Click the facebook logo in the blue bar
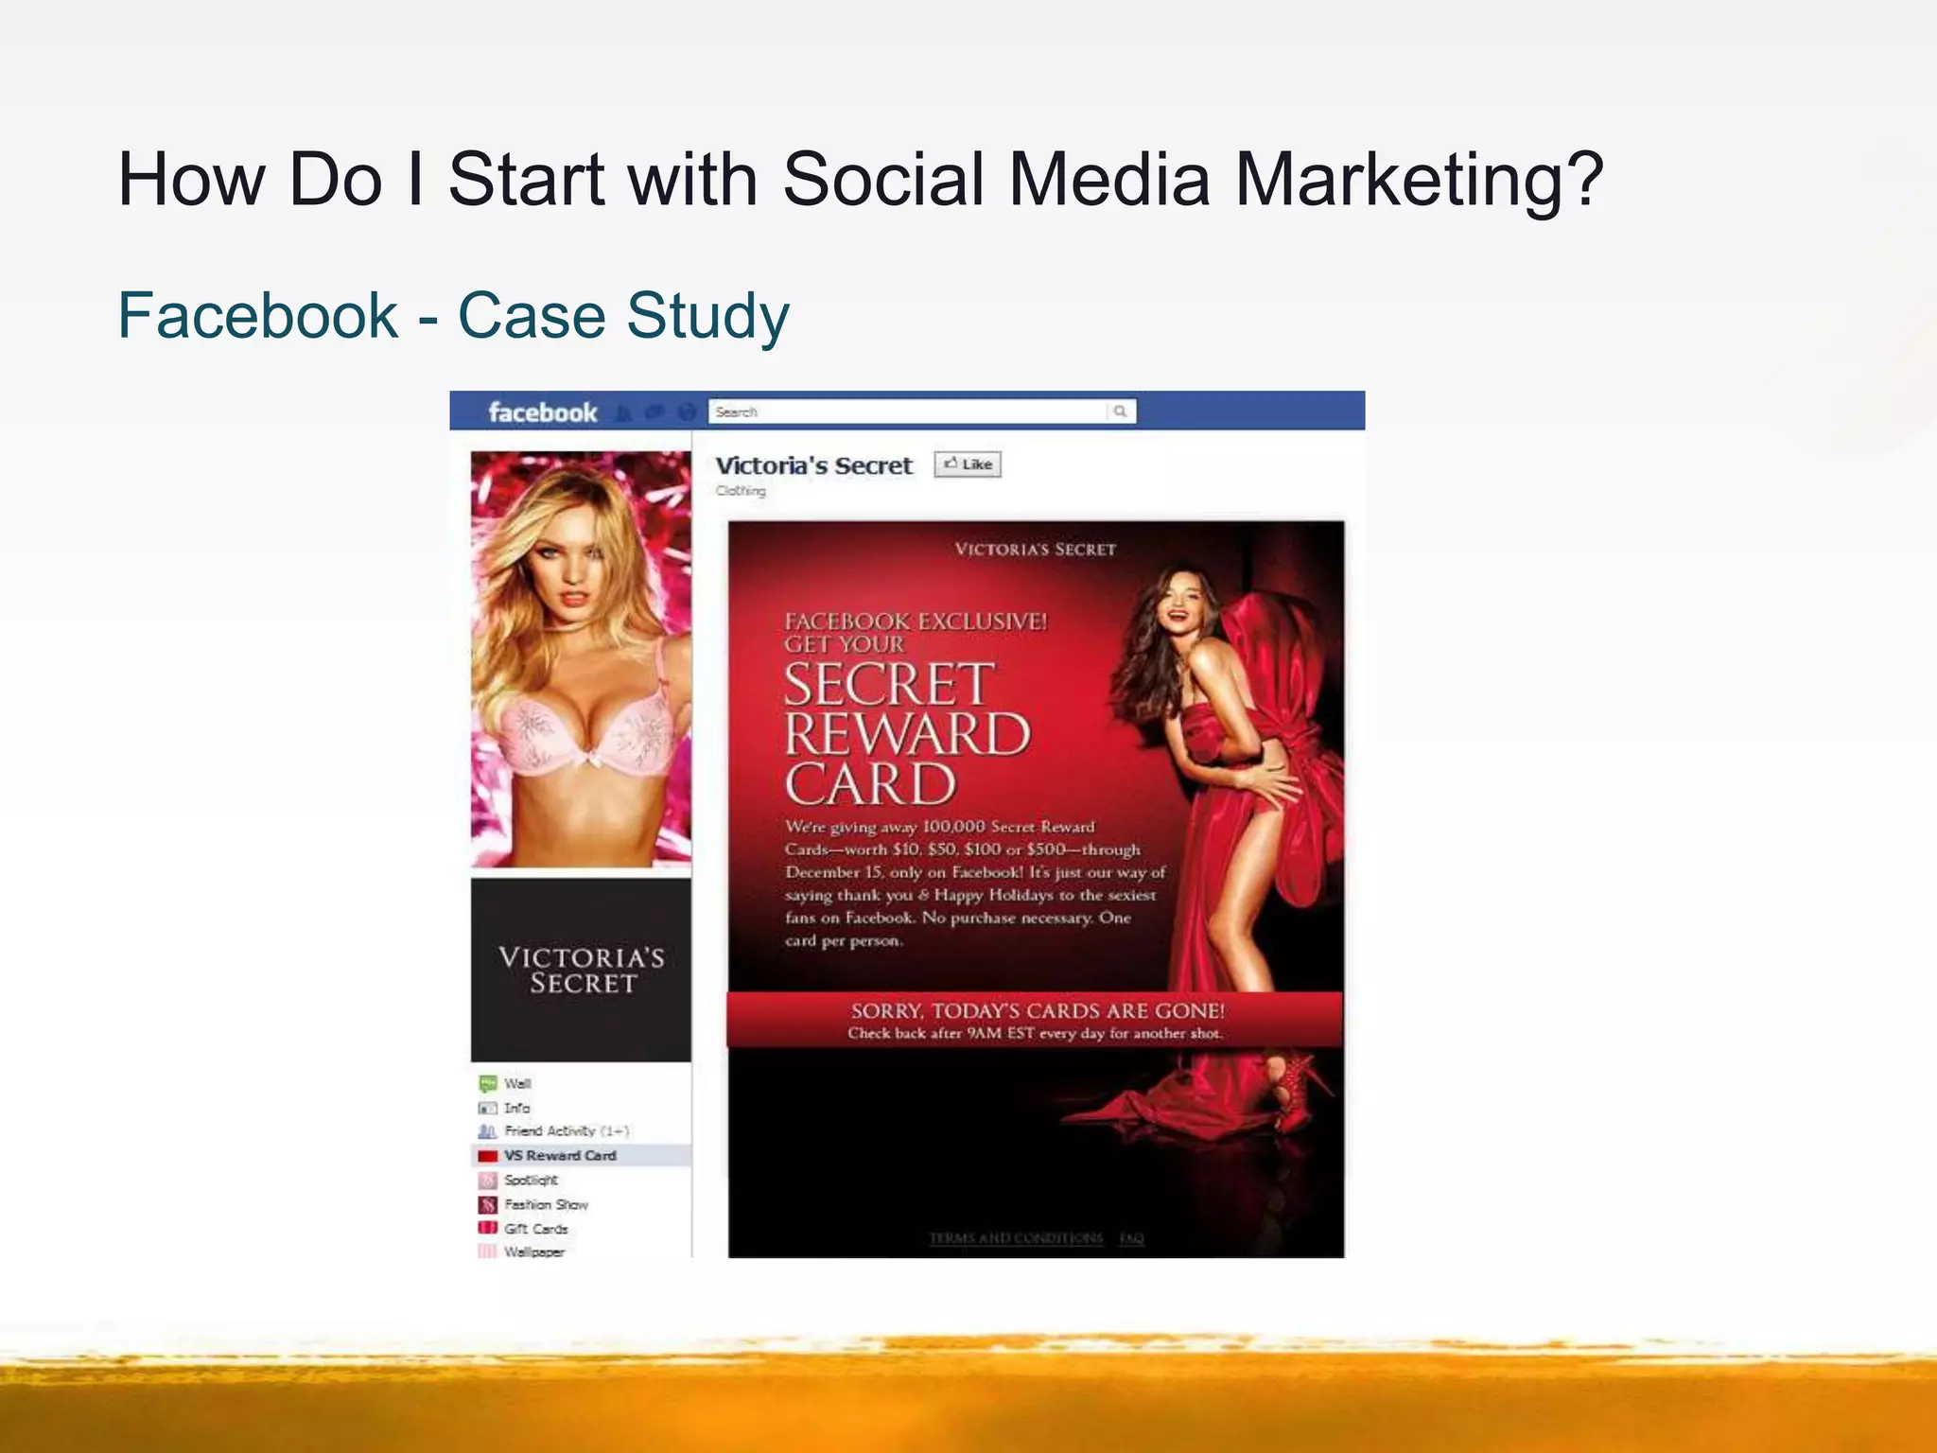(542, 412)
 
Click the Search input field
(908, 411)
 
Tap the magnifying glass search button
(1121, 411)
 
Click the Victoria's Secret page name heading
(813, 465)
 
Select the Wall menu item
(516, 1083)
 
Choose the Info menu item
(516, 1108)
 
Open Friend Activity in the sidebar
(565, 1131)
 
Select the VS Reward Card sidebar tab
(559, 1155)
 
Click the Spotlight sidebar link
(531, 1180)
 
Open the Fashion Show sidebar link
(546, 1204)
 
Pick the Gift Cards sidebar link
(535, 1229)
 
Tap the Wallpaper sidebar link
(533, 1252)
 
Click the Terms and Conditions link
(1015, 1238)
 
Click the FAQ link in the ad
(1131, 1238)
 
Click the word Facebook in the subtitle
(257, 315)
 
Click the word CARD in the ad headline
(870, 784)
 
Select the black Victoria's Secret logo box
(581, 970)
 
